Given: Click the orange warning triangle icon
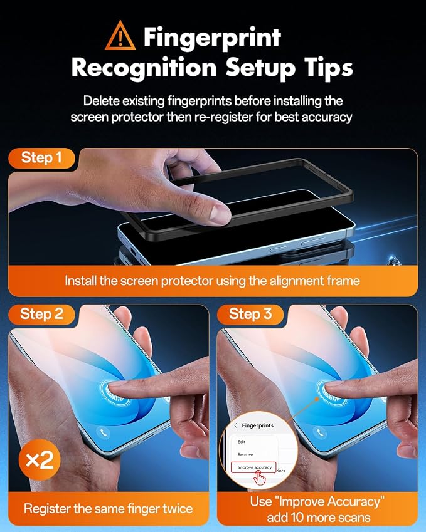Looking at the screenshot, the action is pyautogui.click(x=120, y=36).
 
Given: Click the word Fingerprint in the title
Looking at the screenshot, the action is pyautogui.click(x=212, y=38).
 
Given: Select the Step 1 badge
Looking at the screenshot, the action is pyautogui.click(x=41, y=158).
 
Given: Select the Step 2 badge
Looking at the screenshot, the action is pyautogui.click(x=41, y=314).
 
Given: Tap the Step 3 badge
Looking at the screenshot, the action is pyautogui.click(x=250, y=314).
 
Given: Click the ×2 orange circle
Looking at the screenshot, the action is pyautogui.click(x=40, y=460).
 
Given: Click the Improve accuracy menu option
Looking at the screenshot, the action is pyautogui.click(x=253, y=467).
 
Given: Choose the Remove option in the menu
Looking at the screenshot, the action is pyautogui.click(x=245, y=455).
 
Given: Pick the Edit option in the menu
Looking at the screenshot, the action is pyautogui.click(x=242, y=442).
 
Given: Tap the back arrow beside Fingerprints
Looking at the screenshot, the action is pyautogui.click(x=235, y=425).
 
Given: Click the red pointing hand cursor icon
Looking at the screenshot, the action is pyautogui.click(x=260, y=478).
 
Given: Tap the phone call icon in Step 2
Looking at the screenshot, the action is pyautogui.click(x=104, y=432).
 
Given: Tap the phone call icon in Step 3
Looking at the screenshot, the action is pyautogui.click(x=319, y=432).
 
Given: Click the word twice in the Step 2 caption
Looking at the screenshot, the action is pyautogui.click(x=178, y=509).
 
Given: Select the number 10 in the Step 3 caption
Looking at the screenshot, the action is pyautogui.click(x=306, y=518).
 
